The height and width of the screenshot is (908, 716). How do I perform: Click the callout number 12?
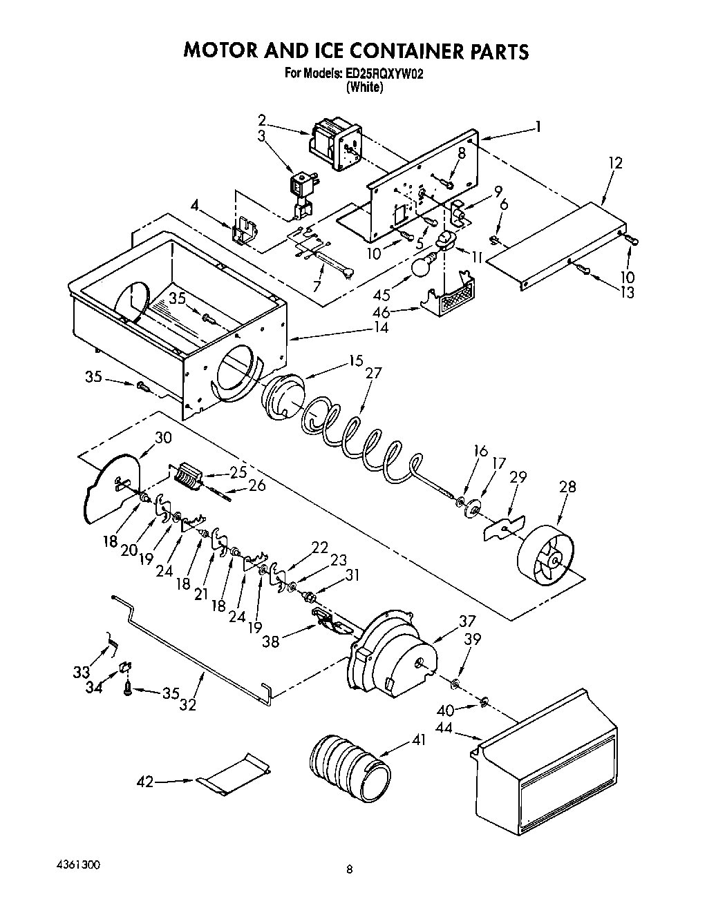tap(615, 163)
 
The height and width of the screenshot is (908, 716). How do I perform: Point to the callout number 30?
tap(163, 437)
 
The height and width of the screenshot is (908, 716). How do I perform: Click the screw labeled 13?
tap(583, 271)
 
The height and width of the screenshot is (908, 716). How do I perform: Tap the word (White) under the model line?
tap(364, 87)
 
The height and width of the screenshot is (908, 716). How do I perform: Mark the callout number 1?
tap(537, 127)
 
